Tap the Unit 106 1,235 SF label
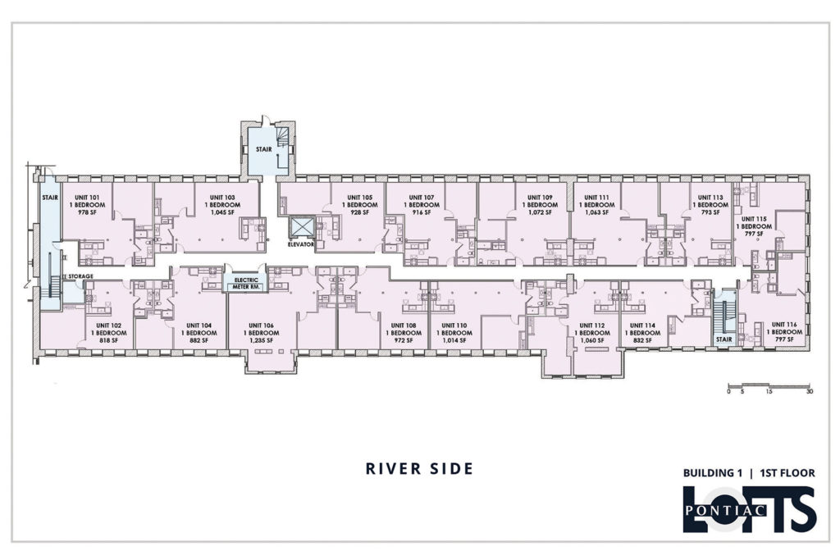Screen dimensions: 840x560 click(x=262, y=332)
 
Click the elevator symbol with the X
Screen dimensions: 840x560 click(x=301, y=227)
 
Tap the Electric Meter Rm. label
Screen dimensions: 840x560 click(x=246, y=283)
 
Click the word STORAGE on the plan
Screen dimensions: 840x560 click(x=81, y=276)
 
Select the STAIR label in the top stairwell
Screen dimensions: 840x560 click(x=263, y=149)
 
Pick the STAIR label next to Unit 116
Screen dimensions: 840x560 click(x=724, y=339)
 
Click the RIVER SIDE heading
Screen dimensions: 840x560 click(x=419, y=468)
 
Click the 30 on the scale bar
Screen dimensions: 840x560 click(x=810, y=391)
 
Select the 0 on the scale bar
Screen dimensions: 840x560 click(x=728, y=391)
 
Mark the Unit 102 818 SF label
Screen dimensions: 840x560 click(x=109, y=332)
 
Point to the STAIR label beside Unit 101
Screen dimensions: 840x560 click(x=50, y=198)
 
